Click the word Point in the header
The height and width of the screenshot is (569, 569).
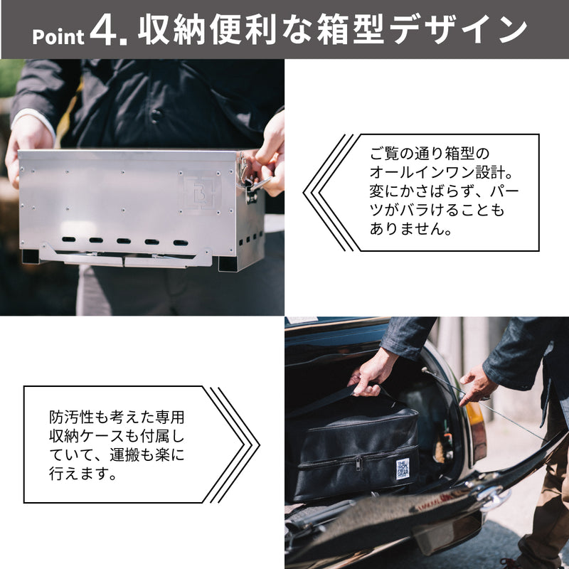[x=58, y=37]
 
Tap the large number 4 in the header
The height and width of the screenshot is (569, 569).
[x=103, y=31]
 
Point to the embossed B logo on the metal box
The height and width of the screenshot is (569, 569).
[x=200, y=193]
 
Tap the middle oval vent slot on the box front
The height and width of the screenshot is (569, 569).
[x=124, y=240]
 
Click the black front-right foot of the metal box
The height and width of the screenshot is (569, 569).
[x=228, y=263]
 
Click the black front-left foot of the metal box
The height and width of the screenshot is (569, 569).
[x=31, y=256]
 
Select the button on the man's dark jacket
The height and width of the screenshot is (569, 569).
[x=156, y=115]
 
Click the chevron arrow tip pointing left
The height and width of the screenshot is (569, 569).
[x=304, y=193]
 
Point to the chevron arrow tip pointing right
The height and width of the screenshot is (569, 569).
[x=259, y=445]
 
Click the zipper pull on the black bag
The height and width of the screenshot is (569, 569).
[x=359, y=464]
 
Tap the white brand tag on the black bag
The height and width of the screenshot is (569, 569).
[x=403, y=469]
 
